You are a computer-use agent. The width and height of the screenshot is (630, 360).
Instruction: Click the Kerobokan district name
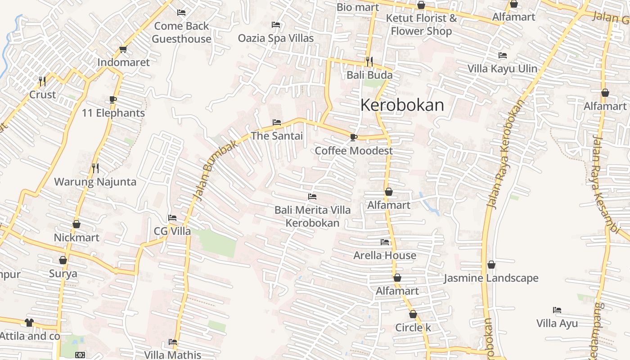(x=402, y=105)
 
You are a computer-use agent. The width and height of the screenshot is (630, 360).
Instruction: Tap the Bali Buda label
(x=369, y=75)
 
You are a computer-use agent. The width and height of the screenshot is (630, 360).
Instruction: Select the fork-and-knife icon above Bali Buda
(x=369, y=61)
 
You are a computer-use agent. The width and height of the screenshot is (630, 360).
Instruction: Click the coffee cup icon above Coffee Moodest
(x=354, y=137)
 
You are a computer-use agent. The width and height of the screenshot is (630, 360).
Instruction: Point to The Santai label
(x=277, y=135)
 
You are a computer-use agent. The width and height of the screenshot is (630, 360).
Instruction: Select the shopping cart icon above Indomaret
(x=123, y=49)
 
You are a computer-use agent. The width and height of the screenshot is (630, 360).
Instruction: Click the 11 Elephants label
(x=113, y=113)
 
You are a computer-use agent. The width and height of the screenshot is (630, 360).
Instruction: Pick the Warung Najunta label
(x=95, y=182)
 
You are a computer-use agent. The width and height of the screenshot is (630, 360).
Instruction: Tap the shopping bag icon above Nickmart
(x=76, y=224)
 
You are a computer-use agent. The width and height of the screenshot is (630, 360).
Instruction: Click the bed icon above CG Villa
(x=172, y=218)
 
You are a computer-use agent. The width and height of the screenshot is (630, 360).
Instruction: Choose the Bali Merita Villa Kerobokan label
(x=312, y=216)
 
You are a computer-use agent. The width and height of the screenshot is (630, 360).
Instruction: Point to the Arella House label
(x=385, y=255)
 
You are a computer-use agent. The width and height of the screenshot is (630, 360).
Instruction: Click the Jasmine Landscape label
(x=491, y=278)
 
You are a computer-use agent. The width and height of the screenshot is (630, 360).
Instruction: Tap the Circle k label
(x=413, y=327)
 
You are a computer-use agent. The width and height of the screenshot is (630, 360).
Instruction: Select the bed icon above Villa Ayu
(x=557, y=310)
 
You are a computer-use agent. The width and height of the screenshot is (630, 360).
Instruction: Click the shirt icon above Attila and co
(x=29, y=323)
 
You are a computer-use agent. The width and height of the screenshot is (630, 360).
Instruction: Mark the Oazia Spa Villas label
(x=276, y=38)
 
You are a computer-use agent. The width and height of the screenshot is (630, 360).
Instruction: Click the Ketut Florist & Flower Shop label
(x=421, y=24)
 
